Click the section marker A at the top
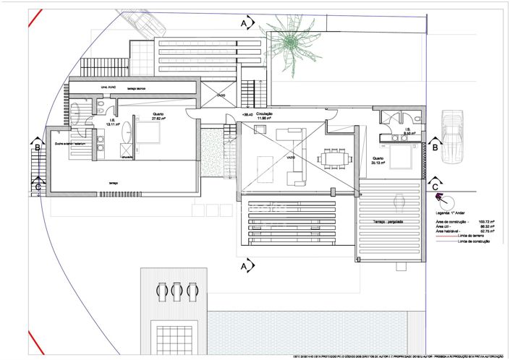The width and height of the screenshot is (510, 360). pos(245,24)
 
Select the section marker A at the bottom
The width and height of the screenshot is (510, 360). pos(245,267)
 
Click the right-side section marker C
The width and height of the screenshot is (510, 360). pos(435,186)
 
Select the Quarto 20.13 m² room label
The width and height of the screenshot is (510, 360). pos(378,160)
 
